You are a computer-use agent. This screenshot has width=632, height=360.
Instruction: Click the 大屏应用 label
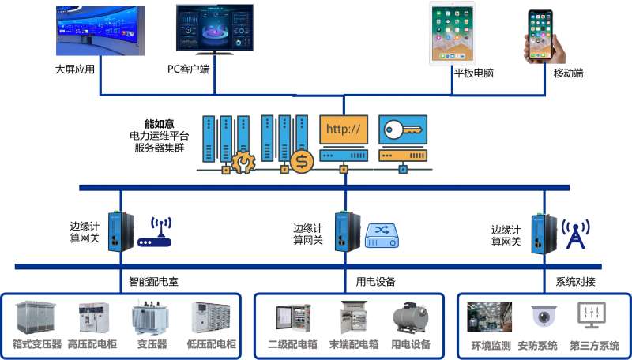pyautogui.click(x=75, y=69)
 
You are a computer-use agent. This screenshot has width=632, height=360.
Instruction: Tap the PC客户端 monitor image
pyautogui.click(x=215, y=31)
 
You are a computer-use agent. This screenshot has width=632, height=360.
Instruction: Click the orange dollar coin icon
pyautogui.click(x=301, y=161)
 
